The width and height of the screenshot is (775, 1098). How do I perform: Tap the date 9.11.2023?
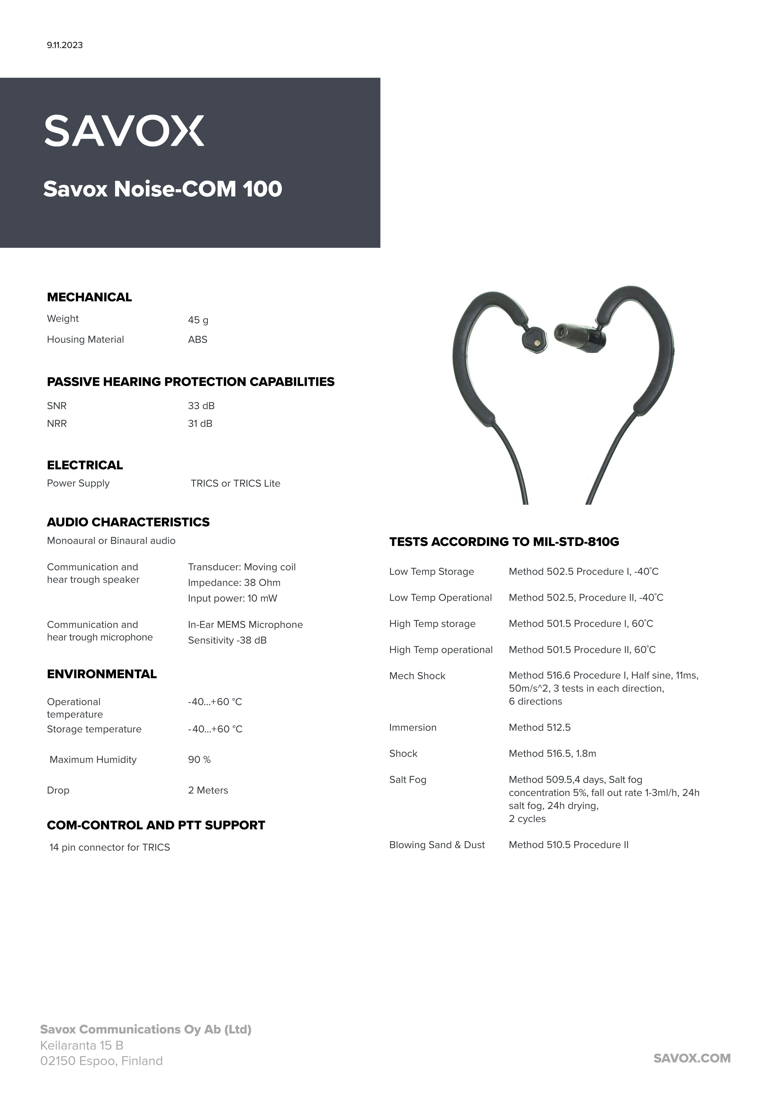pyautogui.click(x=64, y=45)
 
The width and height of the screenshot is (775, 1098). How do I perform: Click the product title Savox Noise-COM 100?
pyautogui.click(x=162, y=189)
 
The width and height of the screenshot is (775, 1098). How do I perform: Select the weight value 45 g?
pyautogui.click(x=198, y=320)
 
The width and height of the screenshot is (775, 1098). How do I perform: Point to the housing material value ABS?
pyautogui.click(x=197, y=339)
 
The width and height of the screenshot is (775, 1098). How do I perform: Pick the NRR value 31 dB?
pyautogui.click(x=200, y=424)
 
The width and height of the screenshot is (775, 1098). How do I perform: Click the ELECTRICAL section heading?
pyautogui.click(x=85, y=465)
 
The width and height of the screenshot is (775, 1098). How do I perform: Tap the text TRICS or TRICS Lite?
pyautogui.click(x=235, y=484)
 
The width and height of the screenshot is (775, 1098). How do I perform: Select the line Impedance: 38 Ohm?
pyautogui.click(x=234, y=583)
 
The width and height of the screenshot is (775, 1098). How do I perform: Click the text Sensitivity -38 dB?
pyautogui.click(x=227, y=640)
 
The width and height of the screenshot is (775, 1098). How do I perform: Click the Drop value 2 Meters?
pyautogui.click(x=208, y=790)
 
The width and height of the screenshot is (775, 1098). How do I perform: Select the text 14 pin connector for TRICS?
pyautogui.click(x=109, y=847)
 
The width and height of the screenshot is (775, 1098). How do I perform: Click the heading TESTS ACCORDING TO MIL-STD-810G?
pyautogui.click(x=504, y=542)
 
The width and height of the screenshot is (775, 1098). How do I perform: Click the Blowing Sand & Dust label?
pyautogui.click(x=437, y=845)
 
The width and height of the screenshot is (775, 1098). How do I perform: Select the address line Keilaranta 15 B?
pyautogui.click(x=82, y=1045)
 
